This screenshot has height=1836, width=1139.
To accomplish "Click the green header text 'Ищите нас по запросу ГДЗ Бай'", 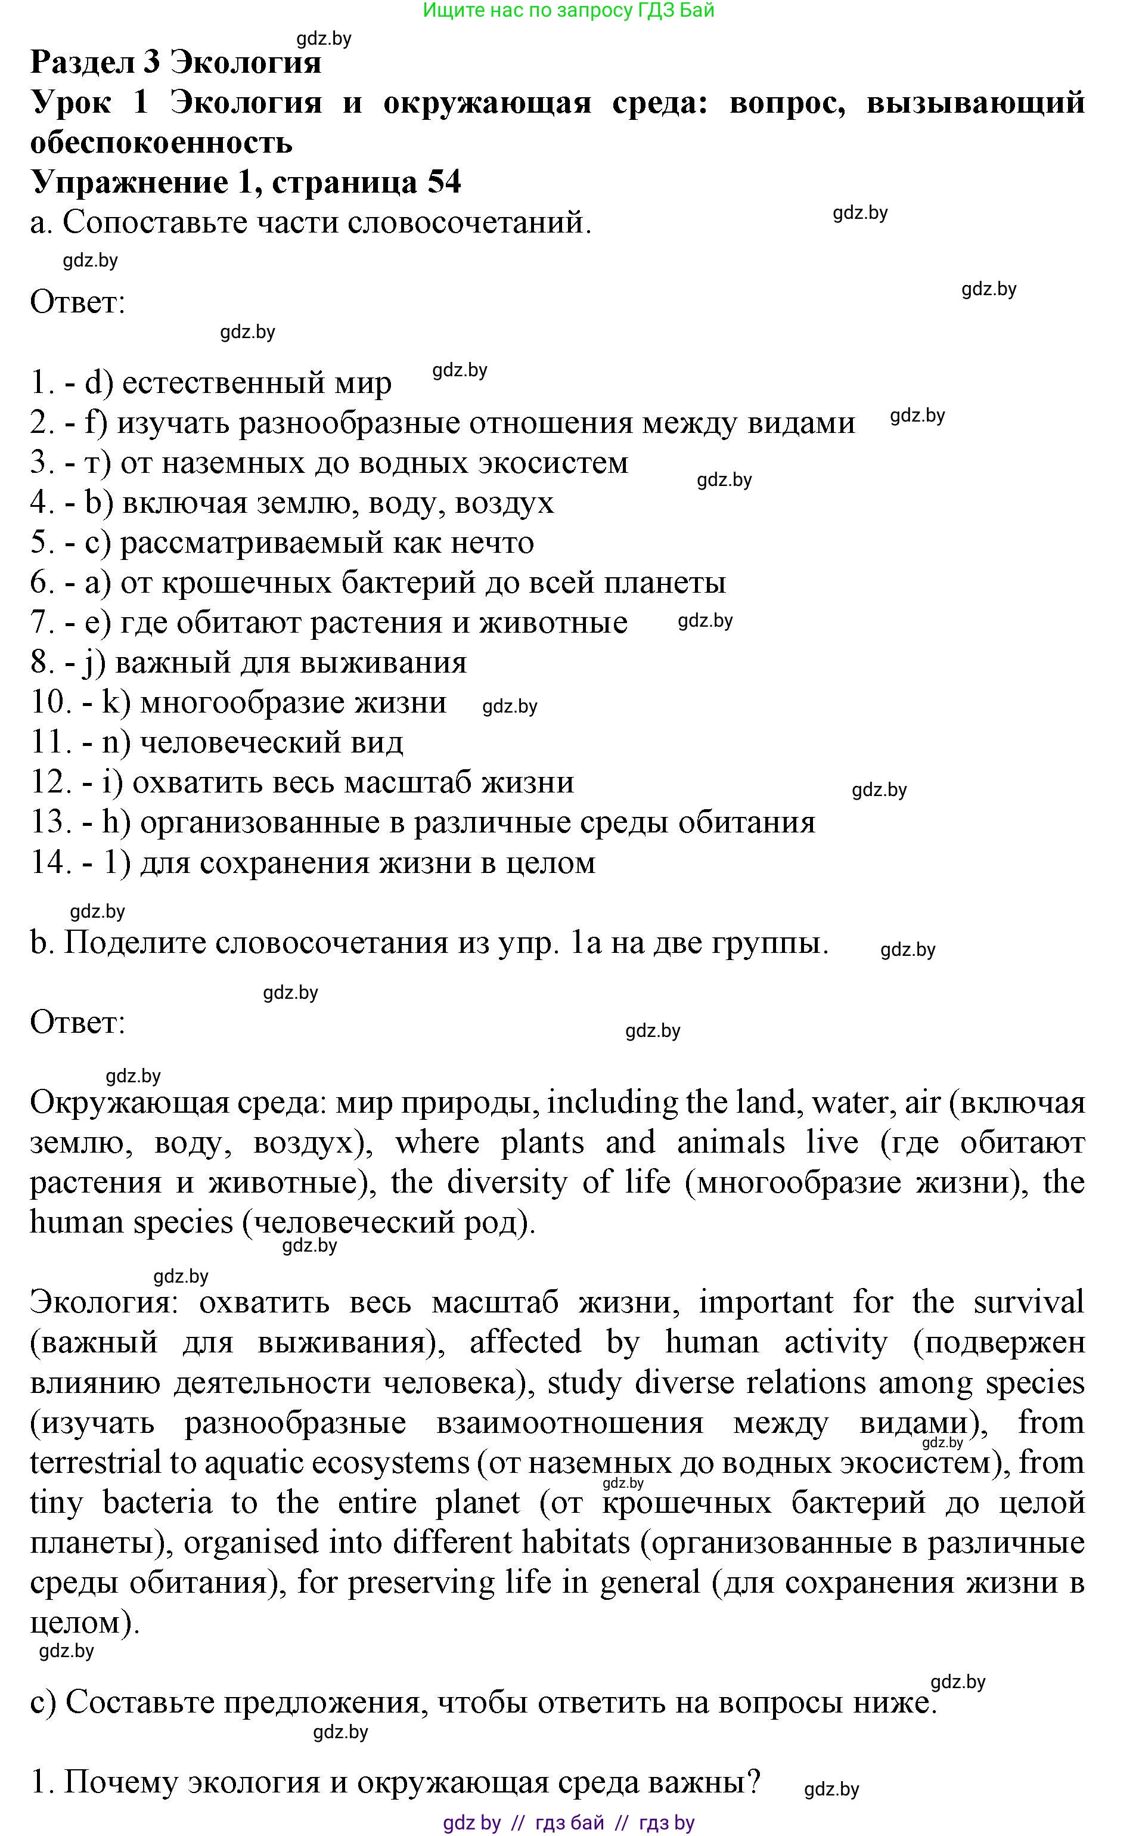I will coord(568,11).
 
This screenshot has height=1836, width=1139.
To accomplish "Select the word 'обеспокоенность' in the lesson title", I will coord(161,143).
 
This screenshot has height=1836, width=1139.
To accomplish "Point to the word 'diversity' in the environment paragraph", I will coord(506,1182).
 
